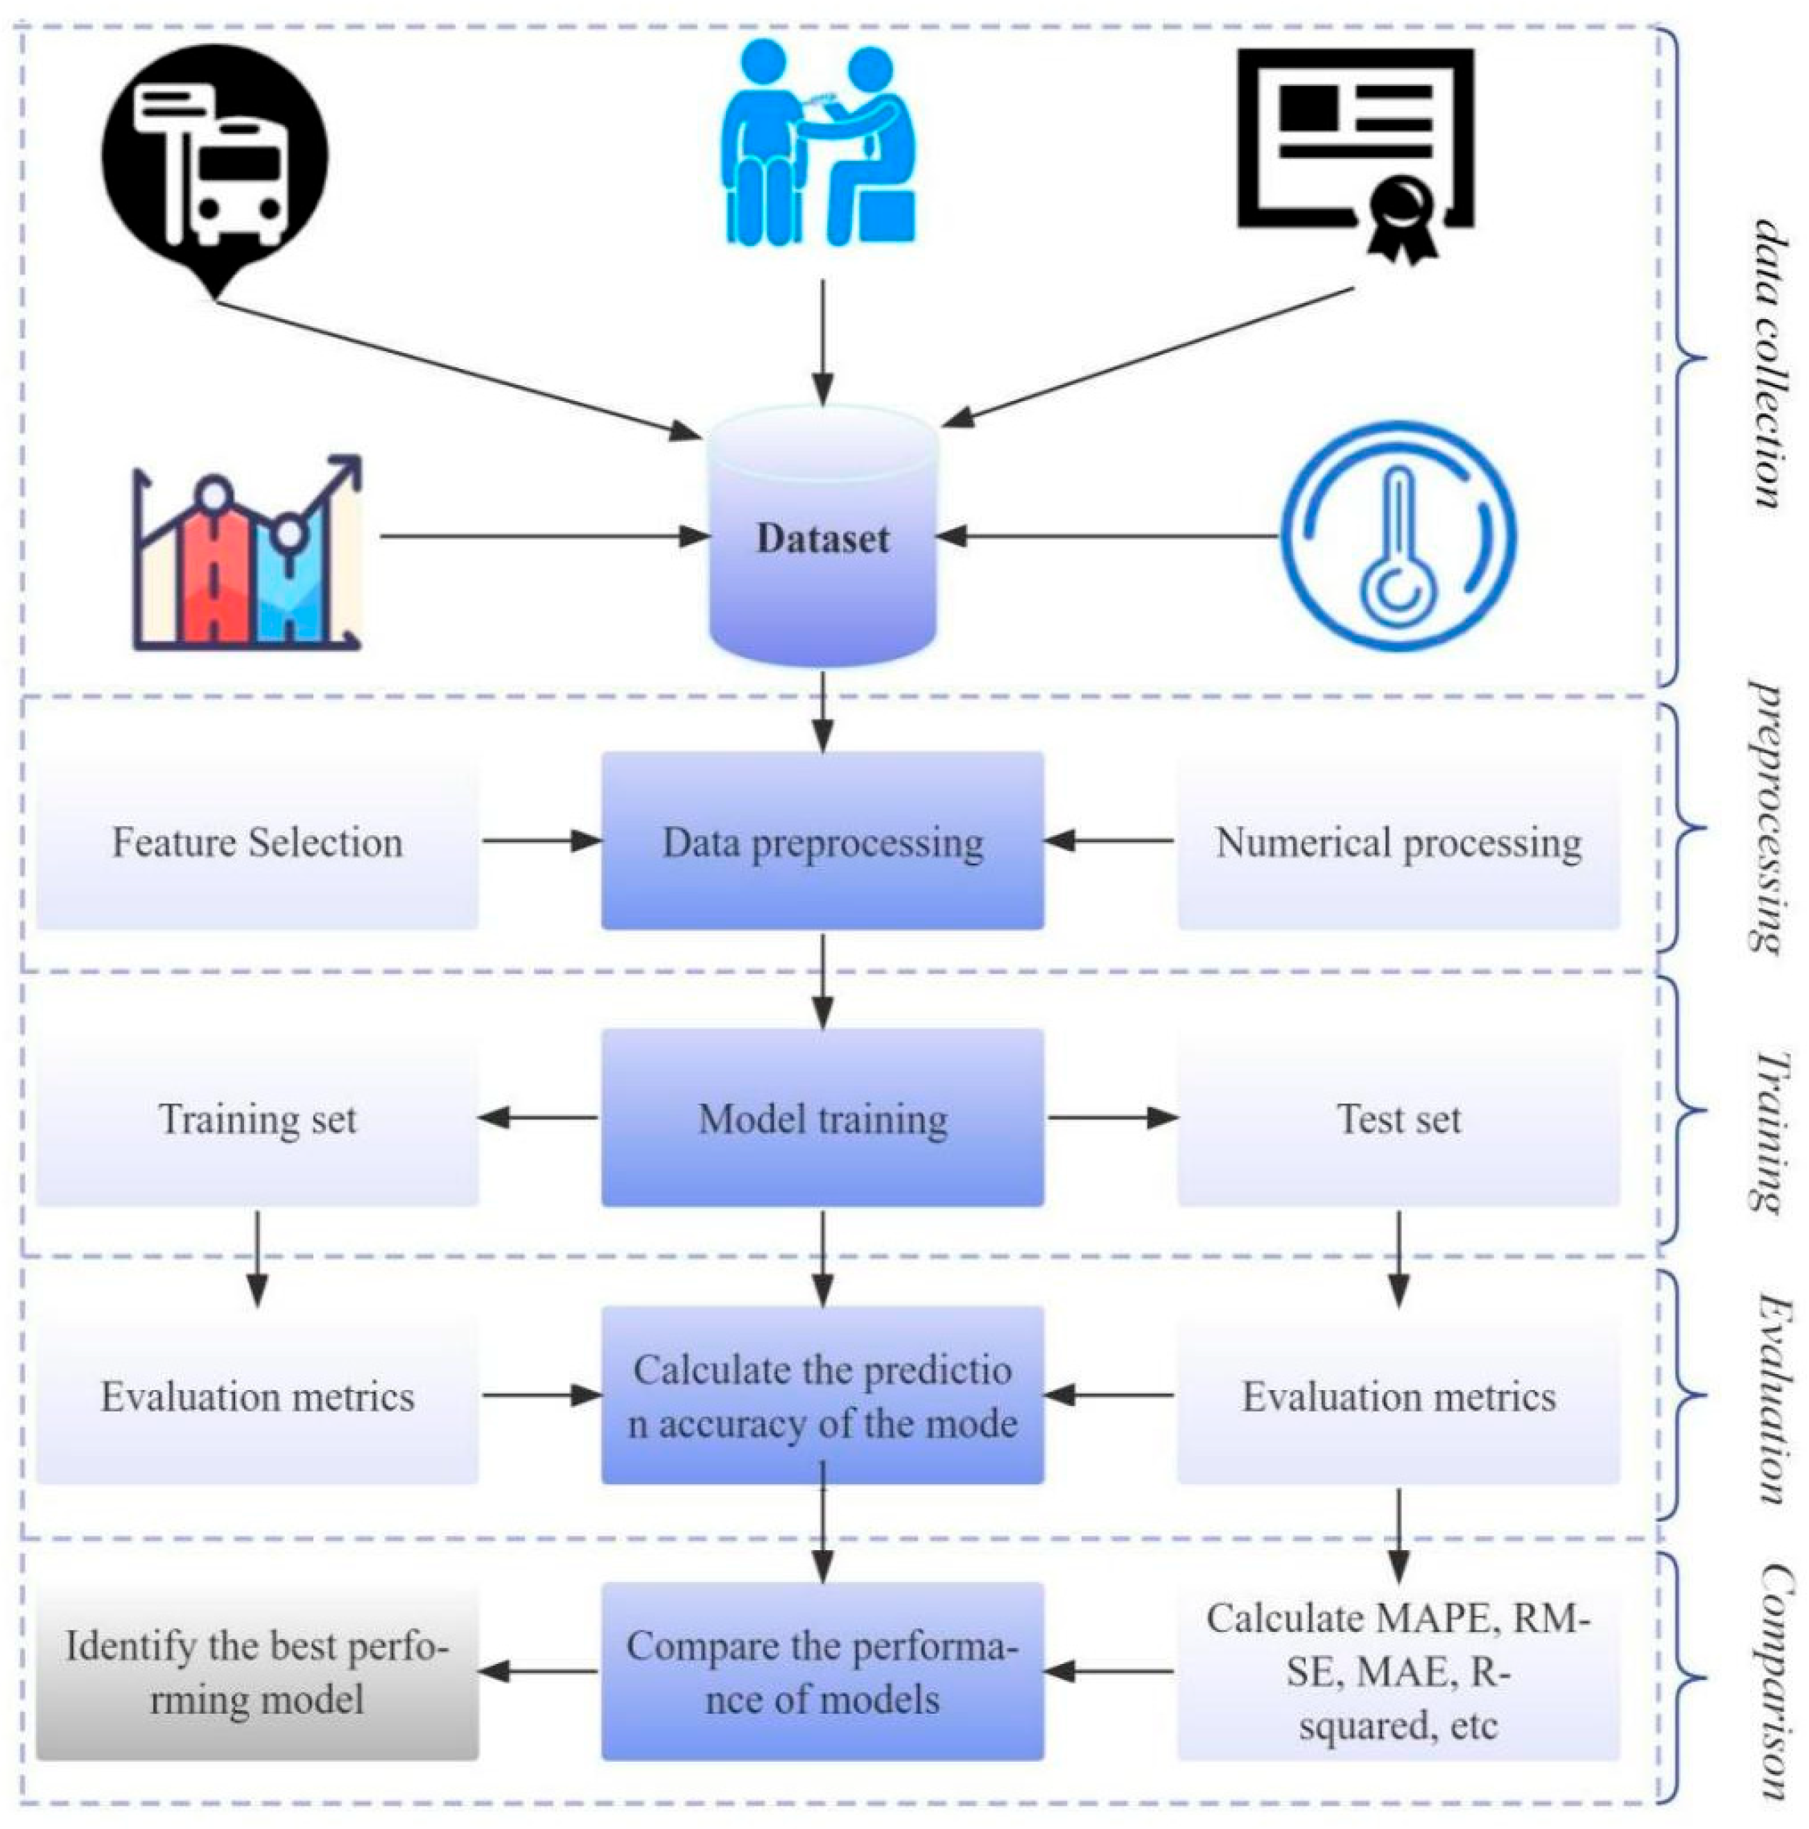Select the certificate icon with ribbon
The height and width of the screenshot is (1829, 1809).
click(x=1356, y=151)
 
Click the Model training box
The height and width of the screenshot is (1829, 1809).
click(x=822, y=1118)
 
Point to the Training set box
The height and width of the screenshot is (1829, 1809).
click(x=257, y=1118)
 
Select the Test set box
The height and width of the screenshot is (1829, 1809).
click(x=1398, y=1118)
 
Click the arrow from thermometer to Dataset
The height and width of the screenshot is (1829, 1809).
click(x=1107, y=536)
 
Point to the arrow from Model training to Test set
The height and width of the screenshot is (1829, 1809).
click(x=1111, y=1118)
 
